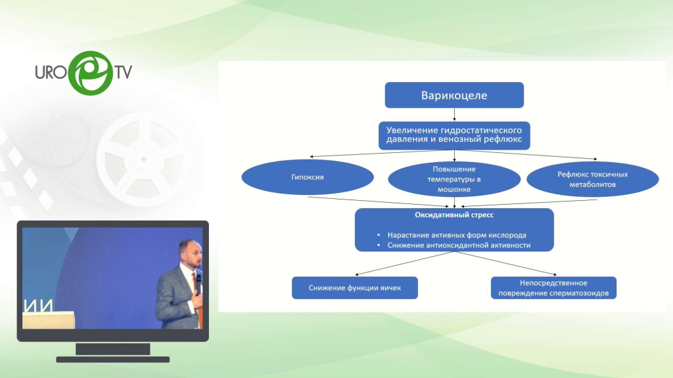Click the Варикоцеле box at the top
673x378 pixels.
pos(453,95)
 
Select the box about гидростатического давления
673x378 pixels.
pos(454,136)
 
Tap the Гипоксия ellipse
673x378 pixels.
pos(308,177)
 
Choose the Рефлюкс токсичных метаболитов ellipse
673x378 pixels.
pos(593,178)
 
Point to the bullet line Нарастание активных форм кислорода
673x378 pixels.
pos(455,235)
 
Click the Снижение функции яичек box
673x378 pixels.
pos(354,287)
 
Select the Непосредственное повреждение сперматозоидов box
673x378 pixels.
pos(553,287)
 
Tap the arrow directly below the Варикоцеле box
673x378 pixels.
pos(453,115)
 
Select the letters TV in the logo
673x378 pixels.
pos(122,72)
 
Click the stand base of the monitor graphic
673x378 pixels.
pos(112,358)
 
